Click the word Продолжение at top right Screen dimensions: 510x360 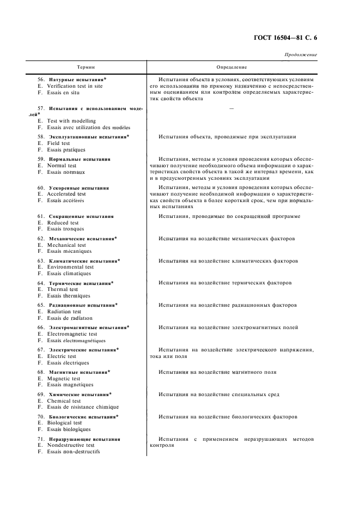301,55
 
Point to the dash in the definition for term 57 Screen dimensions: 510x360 232,108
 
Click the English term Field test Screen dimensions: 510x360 58,143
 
